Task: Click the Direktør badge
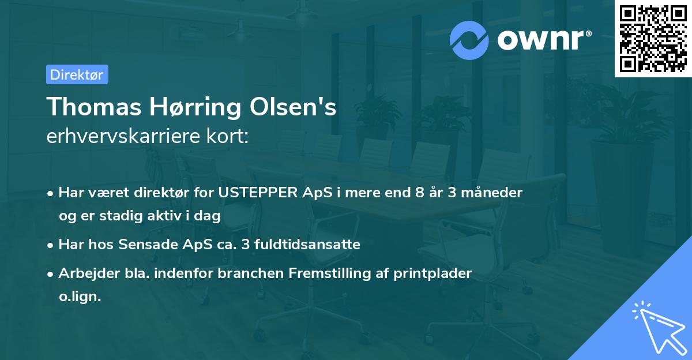point(77,74)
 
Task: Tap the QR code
point(653,39)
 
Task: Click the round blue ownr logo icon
point(469,40)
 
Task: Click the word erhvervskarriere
point(121,137)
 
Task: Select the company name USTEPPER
point(252,193)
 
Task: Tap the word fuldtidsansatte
point(311,245)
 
